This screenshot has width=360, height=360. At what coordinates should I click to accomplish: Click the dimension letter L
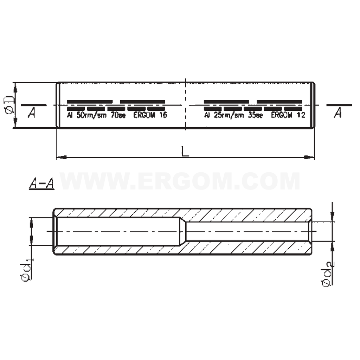pyautogui.click(x=185, y=152)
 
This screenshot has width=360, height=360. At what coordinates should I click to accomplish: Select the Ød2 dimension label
pyautogui.click(x=327, y=273)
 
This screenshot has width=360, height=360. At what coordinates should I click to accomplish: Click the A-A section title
pyautogui.click(x=41, y=184)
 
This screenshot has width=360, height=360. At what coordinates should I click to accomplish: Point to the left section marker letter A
pyautogui.click(x=32, y=113)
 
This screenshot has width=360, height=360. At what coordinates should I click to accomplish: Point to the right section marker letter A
pyautogui.click(x=338, y=113)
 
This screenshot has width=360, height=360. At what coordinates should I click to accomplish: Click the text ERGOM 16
pyautogui.click(x=150, y=115)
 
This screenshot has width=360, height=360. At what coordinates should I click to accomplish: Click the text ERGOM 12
pyautogui.click(x=288, y=115)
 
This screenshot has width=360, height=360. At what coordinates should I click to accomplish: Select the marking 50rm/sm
pyautogui.click(x=91, y=115)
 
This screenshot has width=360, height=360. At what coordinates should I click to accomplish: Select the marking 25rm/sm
pyautogui.click(x=229, y=115)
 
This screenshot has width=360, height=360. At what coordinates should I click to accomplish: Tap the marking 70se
pyautogui.click(x=118, y=115)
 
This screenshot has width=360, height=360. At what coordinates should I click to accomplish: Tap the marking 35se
pyautogui.click(x=255, y=115)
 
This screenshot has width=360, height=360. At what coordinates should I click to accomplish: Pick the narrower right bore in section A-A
pyautogui.click(x=246, y=231)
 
